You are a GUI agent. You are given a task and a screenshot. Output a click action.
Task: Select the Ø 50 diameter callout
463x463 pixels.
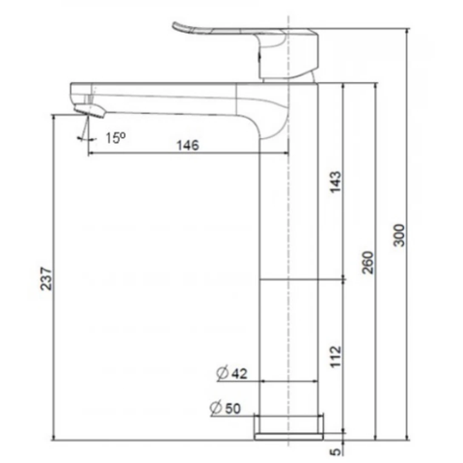(230, 409)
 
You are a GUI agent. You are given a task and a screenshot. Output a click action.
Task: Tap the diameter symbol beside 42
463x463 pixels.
(221, 372)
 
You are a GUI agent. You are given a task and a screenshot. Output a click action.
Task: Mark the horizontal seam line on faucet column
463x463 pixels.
(289, 280)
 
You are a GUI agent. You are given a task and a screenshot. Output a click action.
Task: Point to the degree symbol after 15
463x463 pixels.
(123, 135)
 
